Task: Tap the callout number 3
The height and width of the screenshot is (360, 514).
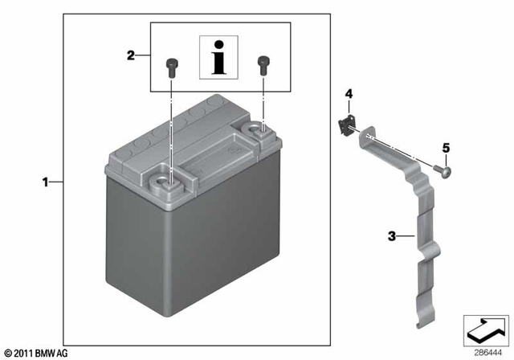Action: (x=391, y=236)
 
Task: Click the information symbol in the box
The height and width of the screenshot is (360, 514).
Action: (x=216, y=57)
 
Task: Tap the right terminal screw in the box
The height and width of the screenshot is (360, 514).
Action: (x=262, y=63)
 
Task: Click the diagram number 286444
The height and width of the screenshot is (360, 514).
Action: (x=482, y=351)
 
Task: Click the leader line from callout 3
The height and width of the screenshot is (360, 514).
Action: (x=406, y=236)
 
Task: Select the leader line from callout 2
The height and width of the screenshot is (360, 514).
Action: (x=142, y=55)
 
